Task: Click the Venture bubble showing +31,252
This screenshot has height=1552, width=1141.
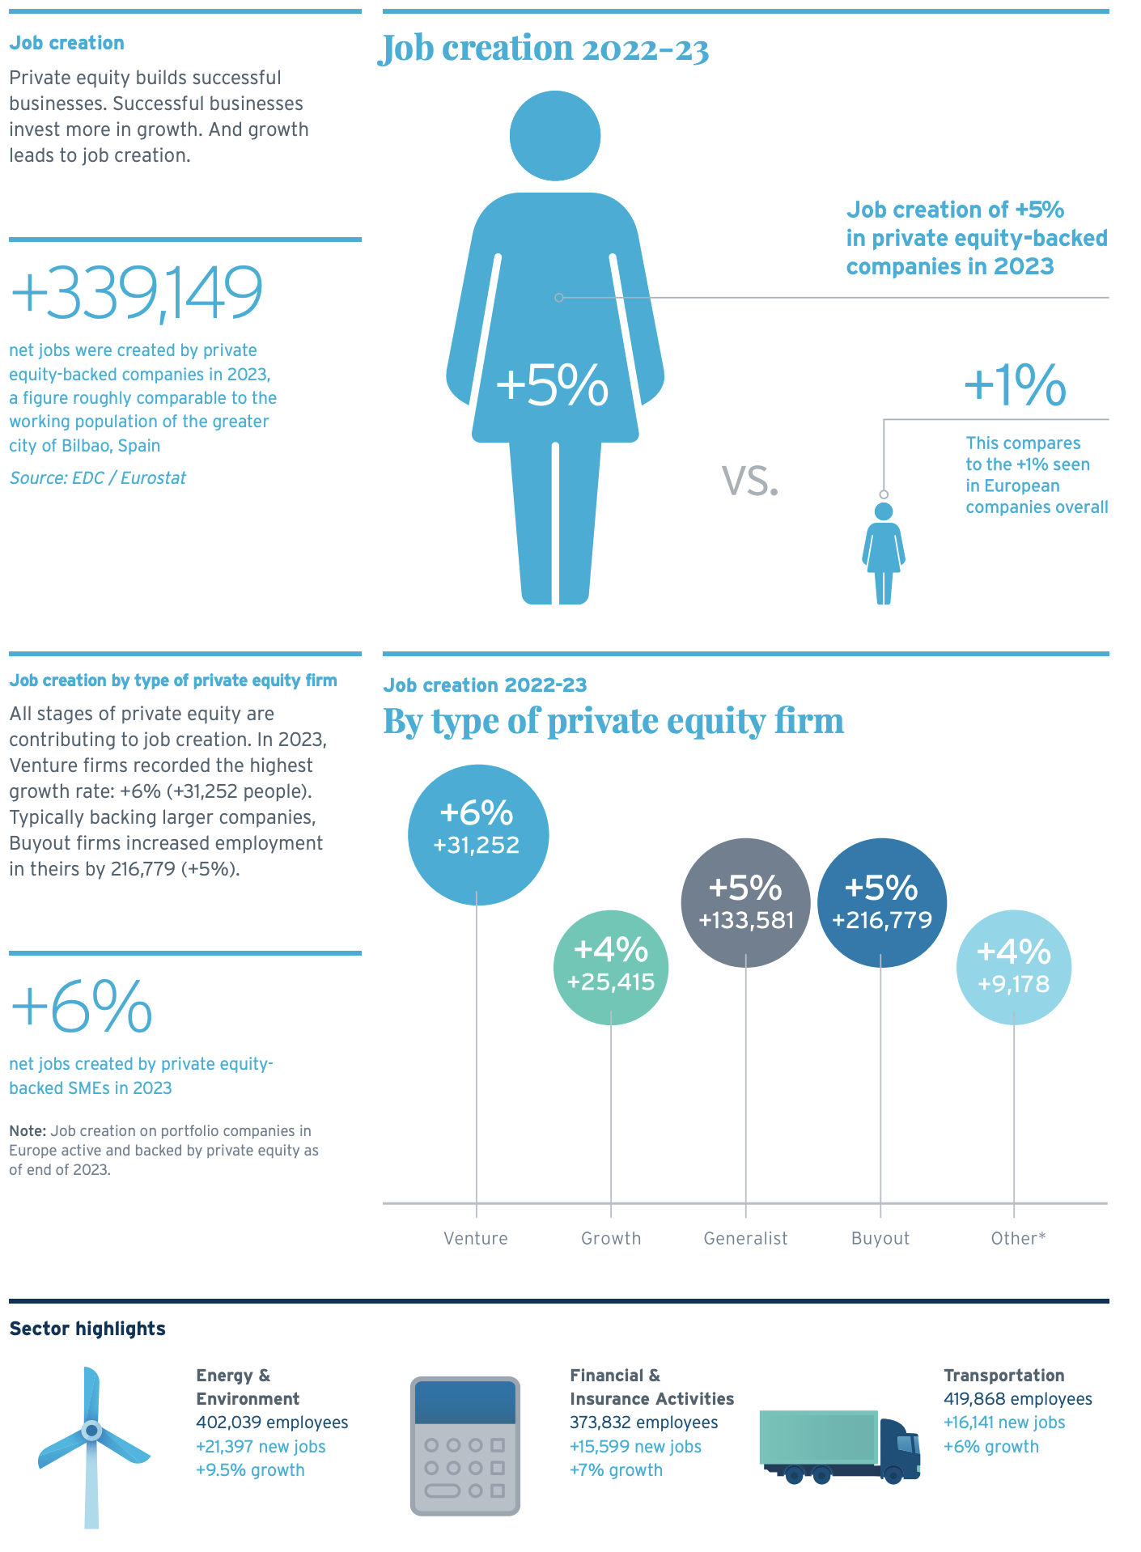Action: click(477, 834)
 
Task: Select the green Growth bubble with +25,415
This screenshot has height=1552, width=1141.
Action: click(611, 967)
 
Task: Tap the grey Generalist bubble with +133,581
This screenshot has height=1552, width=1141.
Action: click(745, 902)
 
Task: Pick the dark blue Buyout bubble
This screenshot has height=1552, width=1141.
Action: click(881, 902)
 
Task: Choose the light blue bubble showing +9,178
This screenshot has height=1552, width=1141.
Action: click(1013, 967)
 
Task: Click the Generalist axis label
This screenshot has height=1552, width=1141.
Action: click(745, 1238)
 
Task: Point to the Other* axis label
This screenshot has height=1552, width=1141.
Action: click(1018, 1238)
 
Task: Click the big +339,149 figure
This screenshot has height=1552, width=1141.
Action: click(136, 292)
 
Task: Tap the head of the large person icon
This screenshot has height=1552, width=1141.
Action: click(555, 135)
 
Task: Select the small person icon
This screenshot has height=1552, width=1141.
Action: click(884, 553)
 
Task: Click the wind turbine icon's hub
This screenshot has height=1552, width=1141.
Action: click(91, 1431)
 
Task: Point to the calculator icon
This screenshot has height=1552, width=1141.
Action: click(465, 1446)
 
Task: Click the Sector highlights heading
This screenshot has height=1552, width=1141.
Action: click(87, 1329)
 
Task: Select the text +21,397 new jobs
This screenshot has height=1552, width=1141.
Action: click(261, 1447)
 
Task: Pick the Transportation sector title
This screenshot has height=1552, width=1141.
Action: click(1003, 1376)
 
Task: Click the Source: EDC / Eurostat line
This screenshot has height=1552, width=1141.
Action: click(98, 478)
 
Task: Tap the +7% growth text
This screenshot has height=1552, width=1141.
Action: click(616, 1470)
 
